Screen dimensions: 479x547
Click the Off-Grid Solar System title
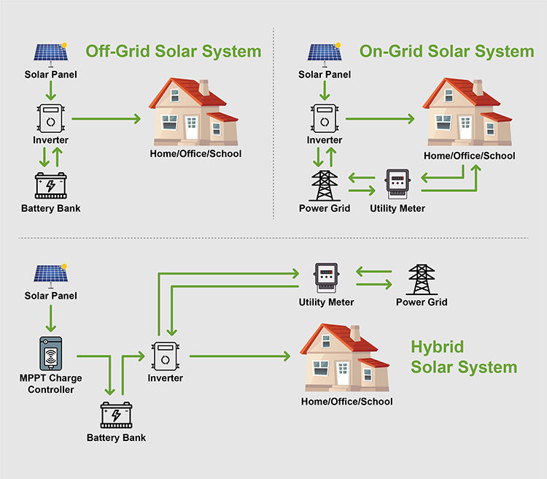(x=173, y=52)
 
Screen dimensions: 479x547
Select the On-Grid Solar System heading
(x=446, y=52)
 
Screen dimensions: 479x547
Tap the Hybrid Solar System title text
(x=464, y=357)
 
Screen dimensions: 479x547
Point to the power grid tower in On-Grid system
(x=324, y=185)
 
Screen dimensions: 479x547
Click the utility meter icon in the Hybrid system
(x=326, y=277)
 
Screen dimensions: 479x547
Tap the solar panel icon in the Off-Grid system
(x=51, y=53)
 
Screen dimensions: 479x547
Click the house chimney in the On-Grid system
(x=478, y=87)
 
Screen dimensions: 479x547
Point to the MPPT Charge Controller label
(x=51, y=384)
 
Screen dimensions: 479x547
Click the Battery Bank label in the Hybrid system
(x=116, y=437)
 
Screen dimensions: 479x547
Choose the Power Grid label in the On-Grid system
(x=325, y=208)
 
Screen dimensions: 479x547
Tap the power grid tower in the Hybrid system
(x=421, y=278)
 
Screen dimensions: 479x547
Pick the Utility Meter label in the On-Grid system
(x=397, y=208)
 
